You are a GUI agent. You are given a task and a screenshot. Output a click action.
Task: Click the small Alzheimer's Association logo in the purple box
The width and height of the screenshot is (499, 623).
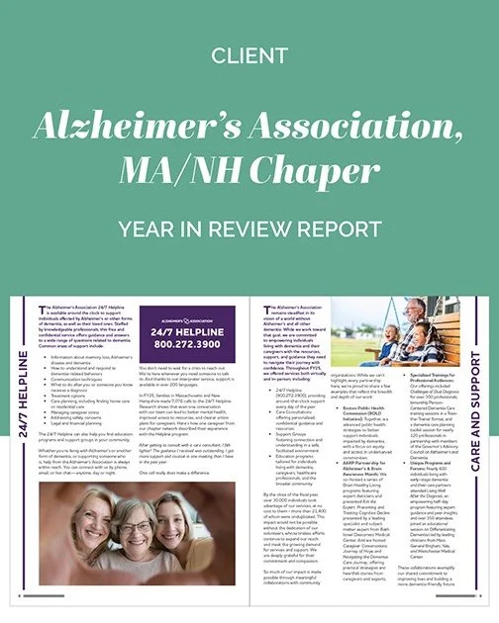point(188,321)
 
